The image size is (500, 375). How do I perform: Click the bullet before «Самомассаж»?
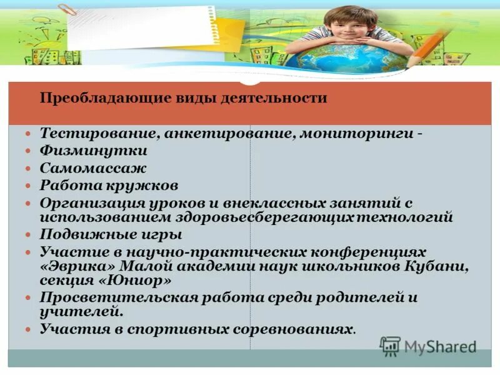pos(28,169)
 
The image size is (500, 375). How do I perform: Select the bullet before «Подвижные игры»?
pos(28,235)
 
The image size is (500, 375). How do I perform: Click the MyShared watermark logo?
pos(429,346)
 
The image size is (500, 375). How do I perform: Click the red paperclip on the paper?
pos(66,12)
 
